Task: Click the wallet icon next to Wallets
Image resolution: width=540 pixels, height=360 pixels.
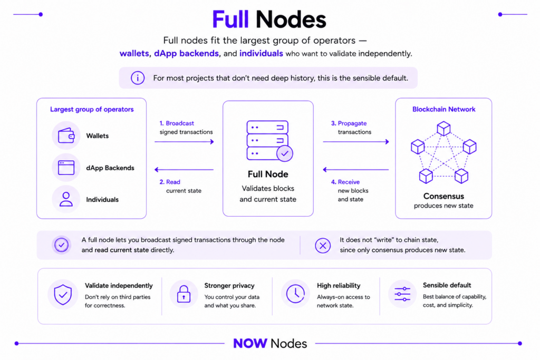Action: pyautogui.click(x=66, y=135)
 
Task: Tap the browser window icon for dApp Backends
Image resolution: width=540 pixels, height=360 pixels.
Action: pyautogui.click(x=66, y=168)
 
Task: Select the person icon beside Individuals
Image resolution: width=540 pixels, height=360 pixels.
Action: pyautogui.click(x=66, y=199)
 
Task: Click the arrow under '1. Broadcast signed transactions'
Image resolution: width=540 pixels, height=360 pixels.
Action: pyautogui.click(x=184, y=141)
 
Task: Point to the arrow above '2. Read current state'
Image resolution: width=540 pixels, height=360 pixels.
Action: pyautogui.click(x=184, y=169)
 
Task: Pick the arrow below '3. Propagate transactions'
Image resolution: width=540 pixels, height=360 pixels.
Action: pyautogui.click(x=356, y=141)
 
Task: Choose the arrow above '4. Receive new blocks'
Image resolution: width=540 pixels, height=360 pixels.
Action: pyautogui.click(x=356, y=169)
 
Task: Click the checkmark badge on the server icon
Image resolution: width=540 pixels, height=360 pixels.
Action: pyautogui.click(x=285, y=153)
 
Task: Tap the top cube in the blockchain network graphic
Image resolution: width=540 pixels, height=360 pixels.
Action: pyautogui.click(x=443, y=129)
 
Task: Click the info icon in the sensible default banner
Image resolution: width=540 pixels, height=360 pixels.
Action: pyautogui.click(x=138, y=78)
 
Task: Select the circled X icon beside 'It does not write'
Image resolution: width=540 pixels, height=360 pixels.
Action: pyautogui.click(x=323, y=246)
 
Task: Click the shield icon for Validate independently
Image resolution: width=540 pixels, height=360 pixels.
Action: pyautogui.click(x=63, y=295)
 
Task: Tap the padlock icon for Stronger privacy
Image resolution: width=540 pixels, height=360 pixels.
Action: pyautogui.click(x=184, y=294)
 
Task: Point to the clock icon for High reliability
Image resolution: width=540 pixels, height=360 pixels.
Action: pyautogui.click(x=295, y=294)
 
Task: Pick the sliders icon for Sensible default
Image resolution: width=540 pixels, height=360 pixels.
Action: pyautogui.click(x=402, y=294)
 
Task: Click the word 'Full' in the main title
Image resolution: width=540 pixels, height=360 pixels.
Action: pyautogui.click(x=230, y=20)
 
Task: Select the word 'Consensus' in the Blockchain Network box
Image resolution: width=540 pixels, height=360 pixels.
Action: pyautogui.click(x=443, y=196)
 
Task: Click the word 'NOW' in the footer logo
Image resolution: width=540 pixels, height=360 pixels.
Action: pyautogui.click(x=250, y=343)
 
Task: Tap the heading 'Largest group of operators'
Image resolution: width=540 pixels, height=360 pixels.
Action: pyautogui.click(x=92, y=110)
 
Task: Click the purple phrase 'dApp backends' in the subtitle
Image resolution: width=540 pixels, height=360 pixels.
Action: pyautogui.click(x=186, y=54)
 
